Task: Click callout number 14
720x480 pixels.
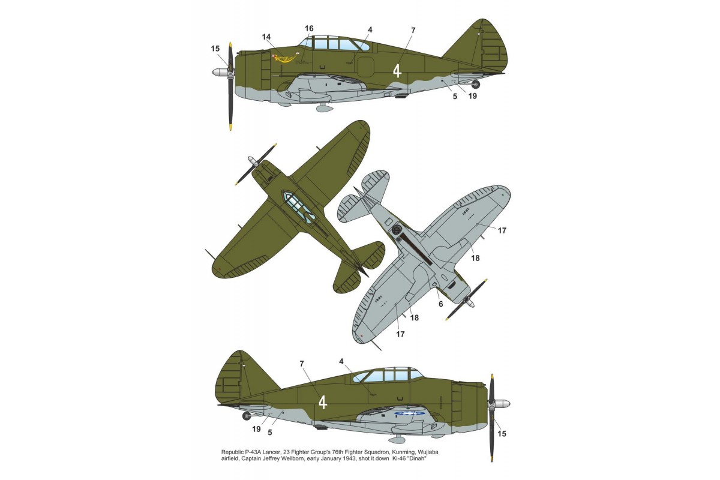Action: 266,37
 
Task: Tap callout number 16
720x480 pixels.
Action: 309,29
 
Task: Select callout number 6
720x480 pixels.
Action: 440,304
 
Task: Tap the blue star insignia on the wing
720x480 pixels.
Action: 410,413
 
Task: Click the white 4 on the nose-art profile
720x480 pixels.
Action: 397,71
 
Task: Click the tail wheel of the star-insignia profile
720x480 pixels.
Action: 246,415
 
